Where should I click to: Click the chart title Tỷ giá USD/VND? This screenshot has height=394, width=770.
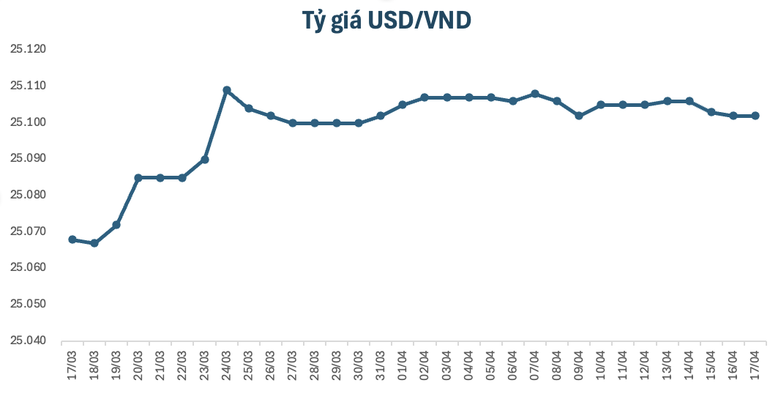386,21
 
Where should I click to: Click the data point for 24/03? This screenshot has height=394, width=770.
227,90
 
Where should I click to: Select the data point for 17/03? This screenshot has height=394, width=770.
72,239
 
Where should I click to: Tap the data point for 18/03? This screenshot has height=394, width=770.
94,243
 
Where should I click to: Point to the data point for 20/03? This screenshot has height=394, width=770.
138,178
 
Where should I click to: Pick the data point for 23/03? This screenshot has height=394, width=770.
205,160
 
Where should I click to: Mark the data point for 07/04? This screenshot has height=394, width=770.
535,94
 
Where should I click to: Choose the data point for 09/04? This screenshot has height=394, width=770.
579,116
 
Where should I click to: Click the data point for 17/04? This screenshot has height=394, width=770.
755,116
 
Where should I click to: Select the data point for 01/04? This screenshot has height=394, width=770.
403,105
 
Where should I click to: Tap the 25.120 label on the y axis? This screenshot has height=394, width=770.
28,50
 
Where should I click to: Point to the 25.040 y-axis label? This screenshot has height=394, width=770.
28,341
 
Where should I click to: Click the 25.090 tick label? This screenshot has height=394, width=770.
28,159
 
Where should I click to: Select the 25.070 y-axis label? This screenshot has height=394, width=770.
28,231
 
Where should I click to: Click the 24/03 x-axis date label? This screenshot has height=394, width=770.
228,363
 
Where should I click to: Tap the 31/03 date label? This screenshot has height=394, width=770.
381,363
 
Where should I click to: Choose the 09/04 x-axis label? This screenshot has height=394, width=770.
580,363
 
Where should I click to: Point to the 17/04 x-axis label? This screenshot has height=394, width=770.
756,363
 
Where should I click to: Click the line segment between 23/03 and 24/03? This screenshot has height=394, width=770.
216,124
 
